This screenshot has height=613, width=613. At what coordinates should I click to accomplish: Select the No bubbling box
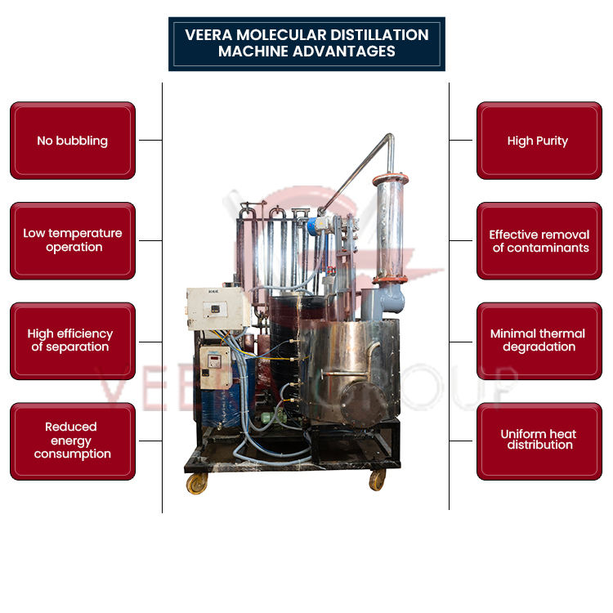point(72,141)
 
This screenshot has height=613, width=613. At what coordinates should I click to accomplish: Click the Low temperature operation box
point(72,240)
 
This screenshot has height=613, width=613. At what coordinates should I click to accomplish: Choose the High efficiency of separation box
point(72,341)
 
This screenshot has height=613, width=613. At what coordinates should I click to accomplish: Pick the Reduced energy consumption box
point(72,441)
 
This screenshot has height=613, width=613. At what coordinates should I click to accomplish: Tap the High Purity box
point(538,141)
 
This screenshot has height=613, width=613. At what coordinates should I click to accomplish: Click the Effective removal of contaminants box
point(538,240)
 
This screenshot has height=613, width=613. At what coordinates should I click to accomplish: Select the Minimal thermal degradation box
point(538,341)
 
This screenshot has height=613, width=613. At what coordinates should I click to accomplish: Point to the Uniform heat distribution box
point(538,441)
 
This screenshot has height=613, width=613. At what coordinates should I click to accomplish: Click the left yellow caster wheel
point(198,484)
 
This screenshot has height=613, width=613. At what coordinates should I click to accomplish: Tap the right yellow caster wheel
point(377,480)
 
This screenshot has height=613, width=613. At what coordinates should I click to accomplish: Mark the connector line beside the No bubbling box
point(150,141)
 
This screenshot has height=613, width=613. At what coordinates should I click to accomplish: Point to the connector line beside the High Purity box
point(461,141)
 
